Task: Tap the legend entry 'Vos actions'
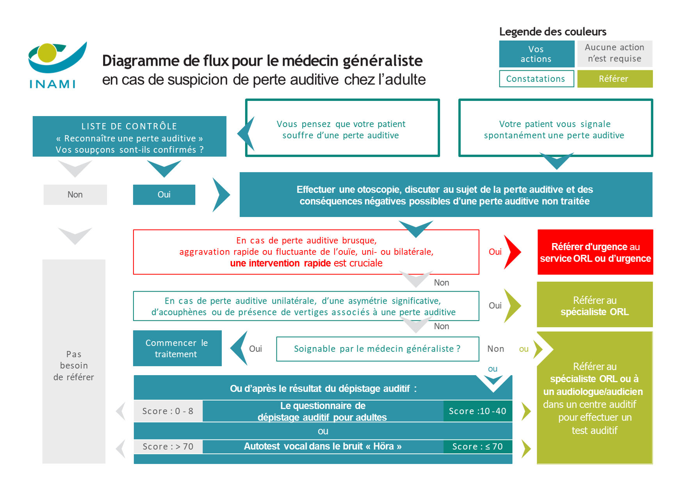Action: coord(536,54)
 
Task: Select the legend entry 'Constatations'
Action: coord(536,79)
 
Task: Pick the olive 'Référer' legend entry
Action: coord(614,79)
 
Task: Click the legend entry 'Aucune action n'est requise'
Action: coord(614,53)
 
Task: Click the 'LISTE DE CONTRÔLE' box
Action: coord(129,137)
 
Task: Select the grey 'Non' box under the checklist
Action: coord(75,195)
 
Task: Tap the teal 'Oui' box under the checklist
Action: coord(164,195)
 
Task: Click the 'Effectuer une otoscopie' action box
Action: coord(445,195)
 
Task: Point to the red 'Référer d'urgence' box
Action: coord(595,252)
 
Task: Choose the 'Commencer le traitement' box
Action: coord(177,348)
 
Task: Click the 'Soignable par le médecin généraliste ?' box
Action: coord(377,349)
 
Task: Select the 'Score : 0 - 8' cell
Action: coord(168,411)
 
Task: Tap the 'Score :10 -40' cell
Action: coord(477,411)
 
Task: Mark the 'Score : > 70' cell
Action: coord(168,446)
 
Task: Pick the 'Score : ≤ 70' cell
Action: coord(477,446)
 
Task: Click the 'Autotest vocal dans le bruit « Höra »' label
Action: coord(322,446)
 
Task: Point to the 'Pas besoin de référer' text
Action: coord(74,365)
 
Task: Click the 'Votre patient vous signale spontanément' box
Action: coord(555,129)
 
